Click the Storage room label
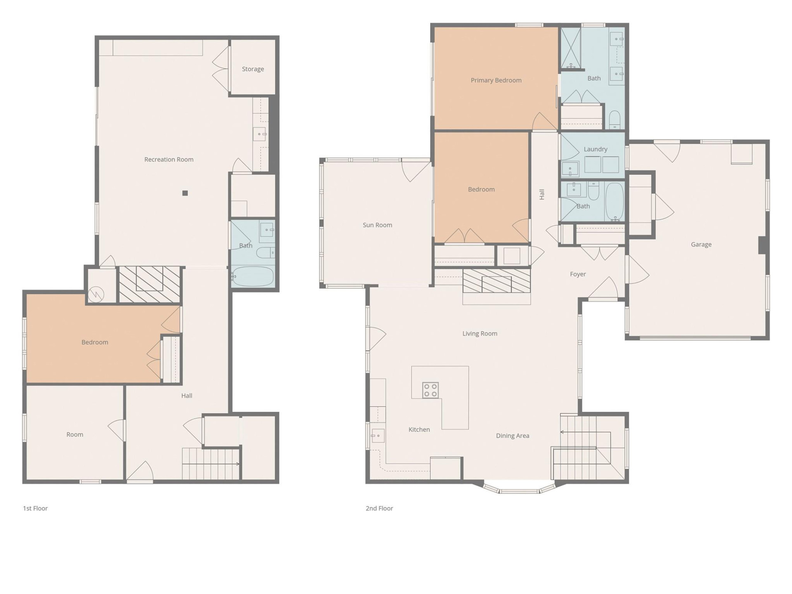coord(253,69)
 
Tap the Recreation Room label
coord(169,159)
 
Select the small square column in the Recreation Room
coord(185,193)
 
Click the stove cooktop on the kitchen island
coord(430,390)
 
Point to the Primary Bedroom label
coord(496,80)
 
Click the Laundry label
coord(595,149)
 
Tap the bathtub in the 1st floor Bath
coord(252,276)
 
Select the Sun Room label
coord(377,225)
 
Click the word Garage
coord(701,244)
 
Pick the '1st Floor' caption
coord(35,508)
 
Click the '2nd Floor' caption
coord(379,508)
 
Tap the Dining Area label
coord(512,436)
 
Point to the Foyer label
coord(577,274)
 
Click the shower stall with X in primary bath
coord(571,47)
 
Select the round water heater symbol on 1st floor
coord(96,294)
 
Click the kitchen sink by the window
coord(378,436)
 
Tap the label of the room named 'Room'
coord(75,434)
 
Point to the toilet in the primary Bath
coord(615,119)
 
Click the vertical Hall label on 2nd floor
coord(542,194)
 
